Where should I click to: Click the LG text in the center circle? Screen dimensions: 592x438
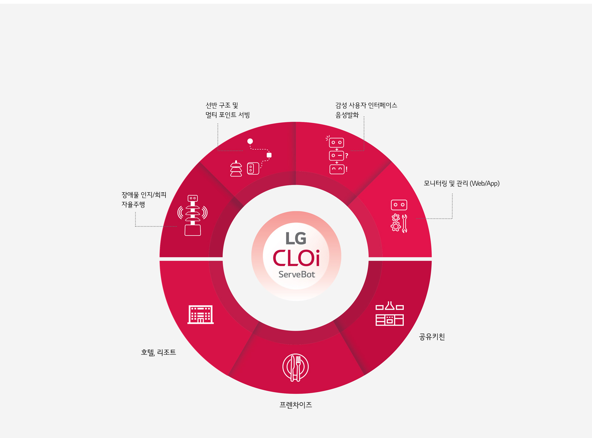click(296, 238)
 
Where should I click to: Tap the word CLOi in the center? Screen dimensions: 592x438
click(296, 258)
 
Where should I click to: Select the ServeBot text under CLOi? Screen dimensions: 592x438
click(296, 274)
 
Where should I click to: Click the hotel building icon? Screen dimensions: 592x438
click(201, 314)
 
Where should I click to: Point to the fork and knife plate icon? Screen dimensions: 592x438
click(296, 367)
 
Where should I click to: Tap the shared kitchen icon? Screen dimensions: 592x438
click(389, 314)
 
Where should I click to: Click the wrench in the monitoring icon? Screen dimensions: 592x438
click(405, 224)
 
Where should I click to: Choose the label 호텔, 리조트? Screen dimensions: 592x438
click(158, 353)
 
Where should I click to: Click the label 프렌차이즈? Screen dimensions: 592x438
click(296, 405)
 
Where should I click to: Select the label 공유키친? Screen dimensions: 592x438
click(432, 337)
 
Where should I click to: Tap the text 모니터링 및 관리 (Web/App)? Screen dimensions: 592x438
click(461, 183)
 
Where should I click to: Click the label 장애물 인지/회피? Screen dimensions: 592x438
click(144, 195)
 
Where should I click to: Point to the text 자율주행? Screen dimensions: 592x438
click(133, 205)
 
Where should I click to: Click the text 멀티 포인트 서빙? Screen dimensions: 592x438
click(228, 115)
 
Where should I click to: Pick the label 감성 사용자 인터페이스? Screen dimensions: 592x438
click(366, 105)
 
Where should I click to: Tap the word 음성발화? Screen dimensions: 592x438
click(347, 115)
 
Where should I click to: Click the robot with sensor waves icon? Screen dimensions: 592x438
click(192, 215)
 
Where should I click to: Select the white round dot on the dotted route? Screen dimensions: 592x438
click(250, 141)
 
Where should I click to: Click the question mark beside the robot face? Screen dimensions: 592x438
click(346, 156)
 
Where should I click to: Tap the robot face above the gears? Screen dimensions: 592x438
click(399, 205)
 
